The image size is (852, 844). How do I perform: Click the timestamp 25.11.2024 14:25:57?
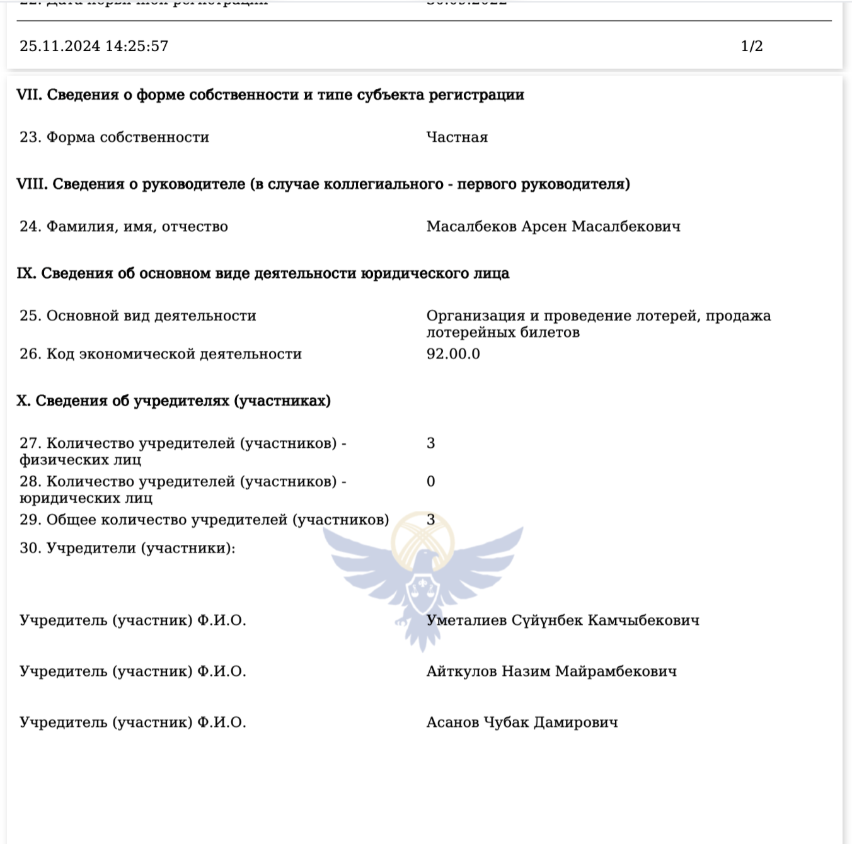[x=94, y=46]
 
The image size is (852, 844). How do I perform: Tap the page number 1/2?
[x=752, y=46]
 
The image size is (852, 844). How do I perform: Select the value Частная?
[x=457, y=137]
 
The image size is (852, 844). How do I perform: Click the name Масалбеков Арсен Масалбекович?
[x=553, y=227]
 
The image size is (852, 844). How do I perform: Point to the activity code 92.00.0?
[x=453, y=354]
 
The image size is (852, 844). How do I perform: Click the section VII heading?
[x=270, y=95]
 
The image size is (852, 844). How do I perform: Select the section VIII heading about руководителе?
[x=323, y=185]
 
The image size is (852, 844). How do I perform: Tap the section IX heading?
[x=263, y=274]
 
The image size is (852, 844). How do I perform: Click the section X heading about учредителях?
[x=173, y=401]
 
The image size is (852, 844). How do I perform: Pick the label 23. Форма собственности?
[x=114, y=137]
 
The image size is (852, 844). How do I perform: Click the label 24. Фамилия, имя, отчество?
[x=124, y=227]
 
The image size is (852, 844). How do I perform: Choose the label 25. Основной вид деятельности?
[x=137, y=316]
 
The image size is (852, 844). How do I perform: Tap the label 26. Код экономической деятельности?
[x=160, y=354]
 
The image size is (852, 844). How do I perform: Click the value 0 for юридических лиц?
[x=431, y=482]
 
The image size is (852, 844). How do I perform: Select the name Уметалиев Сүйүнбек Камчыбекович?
[x=563, y=620]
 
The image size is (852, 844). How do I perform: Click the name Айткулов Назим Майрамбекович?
[x=551, y=671]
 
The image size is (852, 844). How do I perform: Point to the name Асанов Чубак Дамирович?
[x=522, y=722]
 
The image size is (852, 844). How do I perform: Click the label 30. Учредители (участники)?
[x=127, y=548]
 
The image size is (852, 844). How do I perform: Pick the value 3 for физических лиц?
[x=431, y=443]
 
